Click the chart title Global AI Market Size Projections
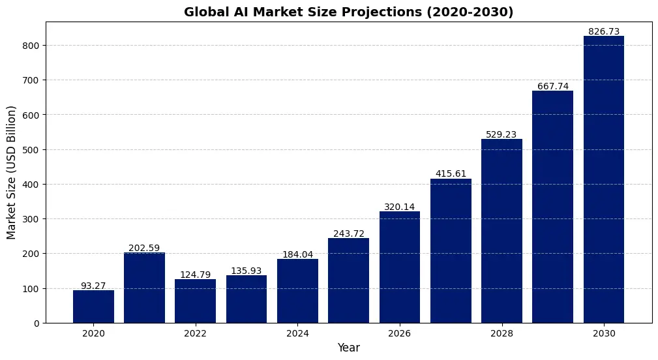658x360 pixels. coord(349,12)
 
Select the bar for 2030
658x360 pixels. coord(604,179)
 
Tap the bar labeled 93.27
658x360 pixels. coord(93,307)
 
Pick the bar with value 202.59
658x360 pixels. coord(144,288)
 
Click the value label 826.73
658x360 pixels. coord(604,31)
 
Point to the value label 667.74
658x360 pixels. coord(553,86)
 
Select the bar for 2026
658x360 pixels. coord(400,267)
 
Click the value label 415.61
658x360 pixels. coord(451,173)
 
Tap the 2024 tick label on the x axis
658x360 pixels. coord(297,333)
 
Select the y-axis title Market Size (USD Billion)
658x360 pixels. coord(11,172)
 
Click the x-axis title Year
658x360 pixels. coord(349,348)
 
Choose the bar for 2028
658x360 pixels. coord(501,231)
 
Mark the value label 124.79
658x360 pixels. coord(195,275)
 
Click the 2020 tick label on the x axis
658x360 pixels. coord(93,333)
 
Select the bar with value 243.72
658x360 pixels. coord(348,280)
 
